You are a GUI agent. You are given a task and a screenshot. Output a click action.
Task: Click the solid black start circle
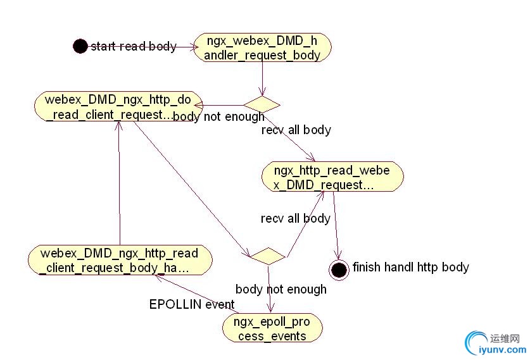click(x=80, y=46)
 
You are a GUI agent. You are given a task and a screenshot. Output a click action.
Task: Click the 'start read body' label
click(x=134, y=46)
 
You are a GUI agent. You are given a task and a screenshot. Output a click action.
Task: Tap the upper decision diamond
click(x=262, y=104)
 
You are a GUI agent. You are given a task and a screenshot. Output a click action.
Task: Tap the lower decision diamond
click(x=267, y=256)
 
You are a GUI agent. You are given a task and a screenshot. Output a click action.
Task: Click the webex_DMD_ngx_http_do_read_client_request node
click(x=118, y=106)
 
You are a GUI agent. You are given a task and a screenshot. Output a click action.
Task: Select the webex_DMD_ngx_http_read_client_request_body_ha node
click(x=120, y=261)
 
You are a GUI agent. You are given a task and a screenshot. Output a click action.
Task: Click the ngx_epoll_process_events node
click(x=272, y=329)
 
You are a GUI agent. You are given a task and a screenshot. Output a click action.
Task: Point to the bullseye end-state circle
click(x=339, y=270)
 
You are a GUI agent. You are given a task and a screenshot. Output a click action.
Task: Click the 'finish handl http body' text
click(x=410, y=267)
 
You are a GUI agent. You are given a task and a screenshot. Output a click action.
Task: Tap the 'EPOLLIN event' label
click(x=192, y=304)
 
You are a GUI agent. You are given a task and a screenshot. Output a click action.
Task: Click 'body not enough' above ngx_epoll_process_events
click(x=281, y=289)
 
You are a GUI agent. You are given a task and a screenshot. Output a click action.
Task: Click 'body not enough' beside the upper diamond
click(x=218, y=117)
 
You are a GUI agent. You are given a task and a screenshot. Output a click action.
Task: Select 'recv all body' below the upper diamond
click(x=296, y=130)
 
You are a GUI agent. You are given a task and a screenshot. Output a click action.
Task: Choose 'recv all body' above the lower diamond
click(x=295, y=218)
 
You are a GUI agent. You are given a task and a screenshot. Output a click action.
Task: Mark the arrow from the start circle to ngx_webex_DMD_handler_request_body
click(x=184, y=46)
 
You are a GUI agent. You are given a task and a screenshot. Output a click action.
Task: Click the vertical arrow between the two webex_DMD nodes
click(x=118, y=183)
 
